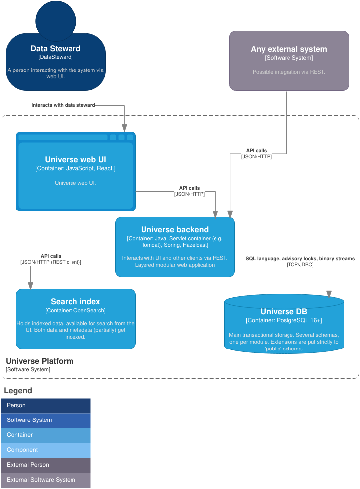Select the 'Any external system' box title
(x=289, y=49)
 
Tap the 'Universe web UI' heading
(x=75, y=160)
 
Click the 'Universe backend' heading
(x=175, y=230)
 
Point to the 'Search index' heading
(x=75, y=301)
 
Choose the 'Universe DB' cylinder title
(x=284, y=312)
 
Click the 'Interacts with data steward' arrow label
(x=63, y=105)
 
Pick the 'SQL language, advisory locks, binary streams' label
(x=300, y=259)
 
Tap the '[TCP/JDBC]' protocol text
(x=300, y=265)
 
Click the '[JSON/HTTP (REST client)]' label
(x=51, y=262)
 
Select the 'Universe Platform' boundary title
(x=40, y=361)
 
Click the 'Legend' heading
(x=18, y=391)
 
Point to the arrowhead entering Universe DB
(x=329, y=294)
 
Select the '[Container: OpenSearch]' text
(x=75, y=311)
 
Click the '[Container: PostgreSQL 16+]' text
(x=284, y=321)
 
